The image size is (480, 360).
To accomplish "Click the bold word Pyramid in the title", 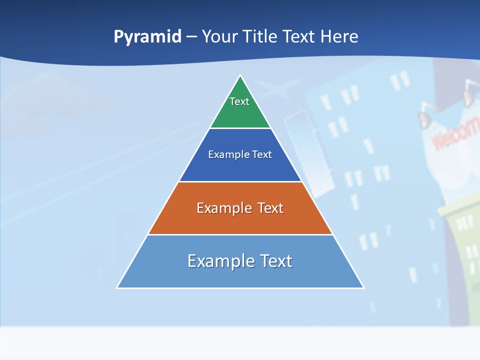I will tap(147, 37).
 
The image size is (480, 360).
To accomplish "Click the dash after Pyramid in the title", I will tap(191, 37).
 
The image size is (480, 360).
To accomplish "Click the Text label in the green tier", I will tap(239, 101).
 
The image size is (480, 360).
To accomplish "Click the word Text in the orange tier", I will tap(270, 208).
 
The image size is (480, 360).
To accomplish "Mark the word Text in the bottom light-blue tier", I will tap(275, 261).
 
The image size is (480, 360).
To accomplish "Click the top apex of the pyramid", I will tap(240, 76).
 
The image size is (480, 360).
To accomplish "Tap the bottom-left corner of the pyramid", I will tap(117, 287).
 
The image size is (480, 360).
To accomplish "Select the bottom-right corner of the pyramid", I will tap(363, 287).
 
